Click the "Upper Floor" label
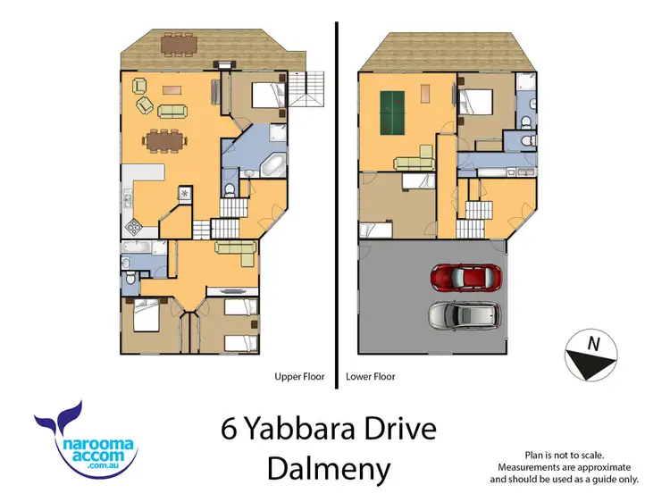coord(299,377)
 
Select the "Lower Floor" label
coord(371,377)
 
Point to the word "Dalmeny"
coord(329,468)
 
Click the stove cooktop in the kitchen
coord(134,226)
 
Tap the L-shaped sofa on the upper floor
coord(238,250)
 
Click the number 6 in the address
coord(230,430)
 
